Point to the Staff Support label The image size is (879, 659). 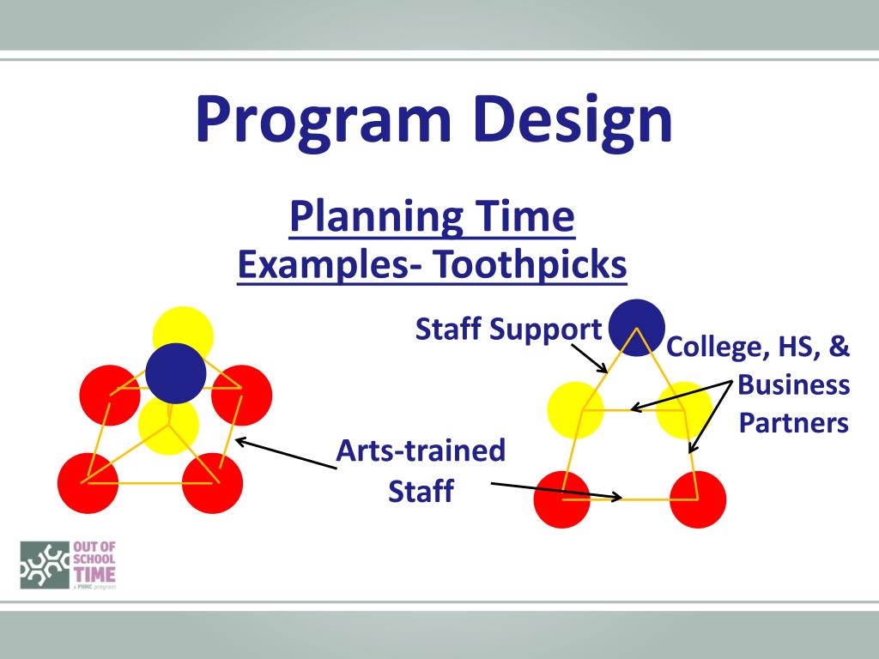(508, 329)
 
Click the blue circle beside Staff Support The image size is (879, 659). (637, 327)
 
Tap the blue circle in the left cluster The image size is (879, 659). (175, 373)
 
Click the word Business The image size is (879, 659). (793, 385)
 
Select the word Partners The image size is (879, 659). (793, 422)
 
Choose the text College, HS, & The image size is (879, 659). (758, 347)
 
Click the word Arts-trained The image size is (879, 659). (421, 450)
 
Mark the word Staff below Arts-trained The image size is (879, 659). (421, 491)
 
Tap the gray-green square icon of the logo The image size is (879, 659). (45, 565)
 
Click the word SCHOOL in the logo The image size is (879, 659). (94, 559)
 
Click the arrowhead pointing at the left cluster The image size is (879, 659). (241, 442)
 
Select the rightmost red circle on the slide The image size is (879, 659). (698, 499)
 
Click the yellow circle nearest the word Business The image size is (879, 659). (684, 410)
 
